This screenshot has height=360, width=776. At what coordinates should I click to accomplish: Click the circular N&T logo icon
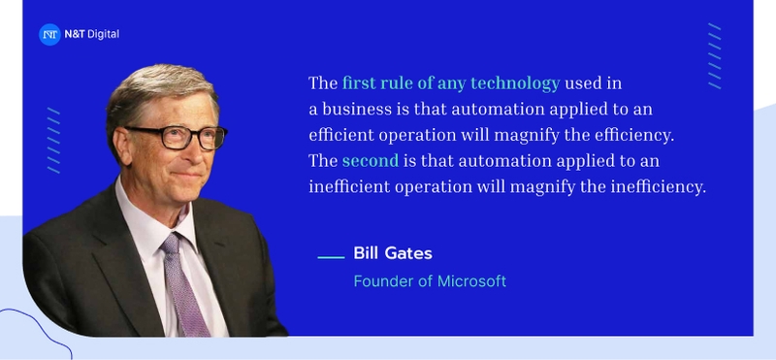(x=49, y=35)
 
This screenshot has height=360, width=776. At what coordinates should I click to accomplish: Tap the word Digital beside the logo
(x=102, y=35)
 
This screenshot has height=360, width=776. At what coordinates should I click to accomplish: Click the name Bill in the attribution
(x=366, y=254)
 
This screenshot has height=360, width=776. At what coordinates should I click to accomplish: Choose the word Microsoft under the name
(x=469, y=281)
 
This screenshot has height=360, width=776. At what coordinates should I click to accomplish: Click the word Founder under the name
(x=381, y=281)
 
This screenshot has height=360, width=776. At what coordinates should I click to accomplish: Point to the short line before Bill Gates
(x=332, y=257)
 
